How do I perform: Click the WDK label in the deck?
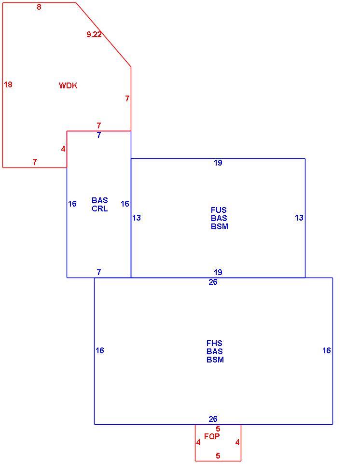(x=68, y=85)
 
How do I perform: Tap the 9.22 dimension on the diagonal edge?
(x=94, y=34)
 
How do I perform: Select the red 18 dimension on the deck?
(x=8, y=84)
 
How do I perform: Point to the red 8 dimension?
(x=39, y=7)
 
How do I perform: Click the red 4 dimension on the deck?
(x=63, y=149)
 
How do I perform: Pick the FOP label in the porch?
(x=212, y=436)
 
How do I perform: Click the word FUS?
(x=219, y=210)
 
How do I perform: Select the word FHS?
(x=214, y=343)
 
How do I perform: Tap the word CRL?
(x=100, y=209)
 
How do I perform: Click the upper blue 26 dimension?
(x=213, y=282)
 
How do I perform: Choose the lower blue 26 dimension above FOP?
(x=213, y=419)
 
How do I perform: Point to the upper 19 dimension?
(x=218, y=163)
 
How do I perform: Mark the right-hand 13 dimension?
(x=299, y=218)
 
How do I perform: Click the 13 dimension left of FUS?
(x=137, y=218)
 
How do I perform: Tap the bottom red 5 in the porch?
(x=218, y=456)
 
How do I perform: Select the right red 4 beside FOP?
(x=237, y=443)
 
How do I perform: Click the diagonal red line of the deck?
(x=103, y=34)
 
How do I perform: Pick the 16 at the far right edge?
(x=327, y=350)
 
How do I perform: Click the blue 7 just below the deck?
(x=99, y=136)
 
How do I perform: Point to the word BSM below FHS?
(x=215, y=360)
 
